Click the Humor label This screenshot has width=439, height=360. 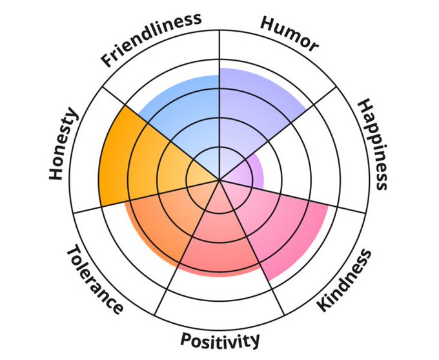coord(289,33)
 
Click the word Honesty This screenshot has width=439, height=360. coord(63,144)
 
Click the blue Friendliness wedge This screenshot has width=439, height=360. coord(187,113)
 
